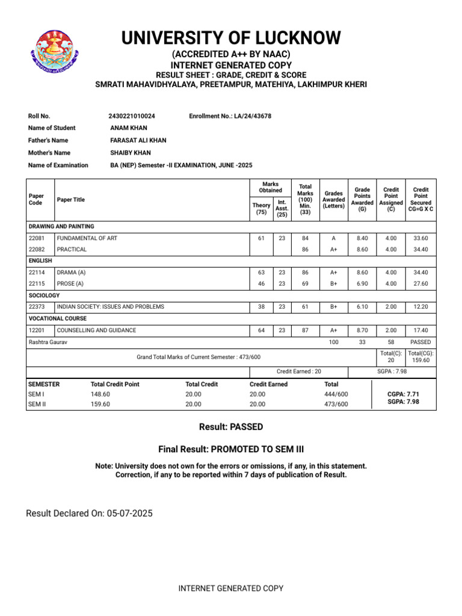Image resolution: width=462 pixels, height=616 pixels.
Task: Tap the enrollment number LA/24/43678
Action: click(253, 115)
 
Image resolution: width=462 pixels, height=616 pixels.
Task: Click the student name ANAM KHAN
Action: click(129, 128)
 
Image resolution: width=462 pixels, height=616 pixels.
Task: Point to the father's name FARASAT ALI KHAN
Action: click(138, 140)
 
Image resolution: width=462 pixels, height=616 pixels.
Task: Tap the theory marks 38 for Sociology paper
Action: click(261, 307)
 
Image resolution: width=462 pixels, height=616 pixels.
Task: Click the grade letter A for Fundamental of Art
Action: click(333, 238)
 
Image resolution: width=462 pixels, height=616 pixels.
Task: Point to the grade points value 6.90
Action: click(362, 283)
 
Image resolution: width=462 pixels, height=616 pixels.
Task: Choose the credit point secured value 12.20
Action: click(420, 307)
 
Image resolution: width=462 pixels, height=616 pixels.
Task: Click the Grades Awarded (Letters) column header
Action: click(333, 200)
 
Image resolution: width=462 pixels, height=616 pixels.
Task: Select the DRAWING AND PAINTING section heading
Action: click(61, 227)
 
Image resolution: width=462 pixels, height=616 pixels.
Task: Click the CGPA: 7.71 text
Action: click(404, 393)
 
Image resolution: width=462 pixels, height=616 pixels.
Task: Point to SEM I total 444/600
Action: click(336, 393)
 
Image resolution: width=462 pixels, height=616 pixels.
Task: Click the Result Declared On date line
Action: click(89, 513)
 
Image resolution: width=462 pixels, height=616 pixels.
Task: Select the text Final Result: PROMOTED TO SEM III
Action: click(231, 449)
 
